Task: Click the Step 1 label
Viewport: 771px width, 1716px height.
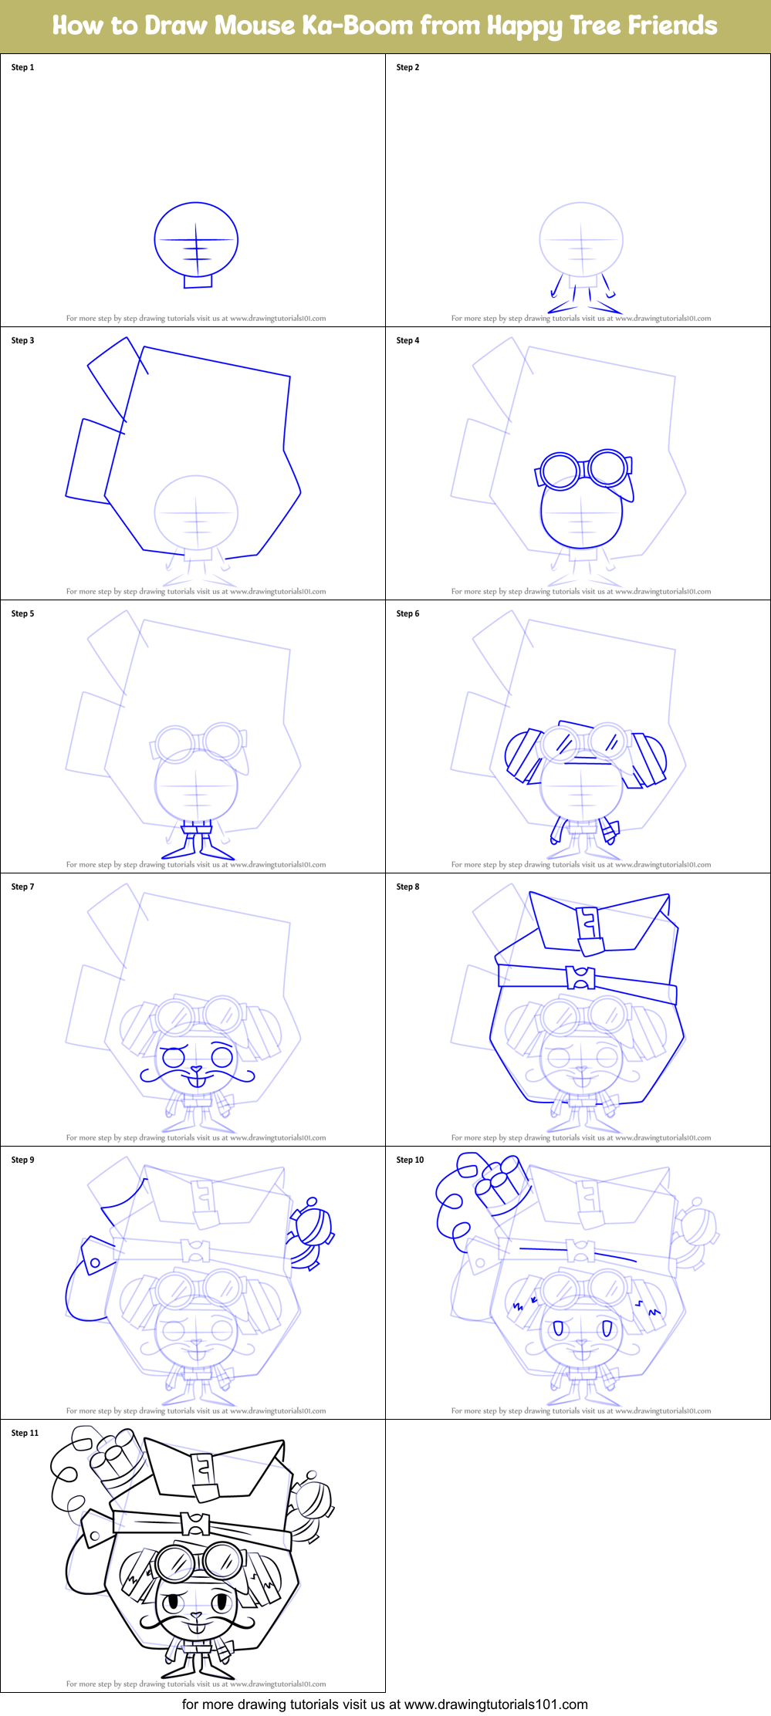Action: tap(22, 67)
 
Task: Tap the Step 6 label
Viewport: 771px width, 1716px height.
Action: tap(407, 613)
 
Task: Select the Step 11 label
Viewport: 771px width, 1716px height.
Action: tap(25, 1433)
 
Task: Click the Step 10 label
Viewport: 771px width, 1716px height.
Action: tap(410, 1160)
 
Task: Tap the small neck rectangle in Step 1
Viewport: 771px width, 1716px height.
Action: tap(198, 282)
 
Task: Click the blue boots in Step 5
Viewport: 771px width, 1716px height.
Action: tap(198, 849)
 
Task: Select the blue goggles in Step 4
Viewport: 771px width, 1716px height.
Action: tap(584, 468)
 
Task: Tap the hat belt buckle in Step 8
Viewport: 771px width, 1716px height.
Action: tap(580, 978)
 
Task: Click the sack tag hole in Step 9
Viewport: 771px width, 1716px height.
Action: tap(95, 1263)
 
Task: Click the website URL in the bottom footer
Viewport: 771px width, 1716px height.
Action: tap(495, 1704)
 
